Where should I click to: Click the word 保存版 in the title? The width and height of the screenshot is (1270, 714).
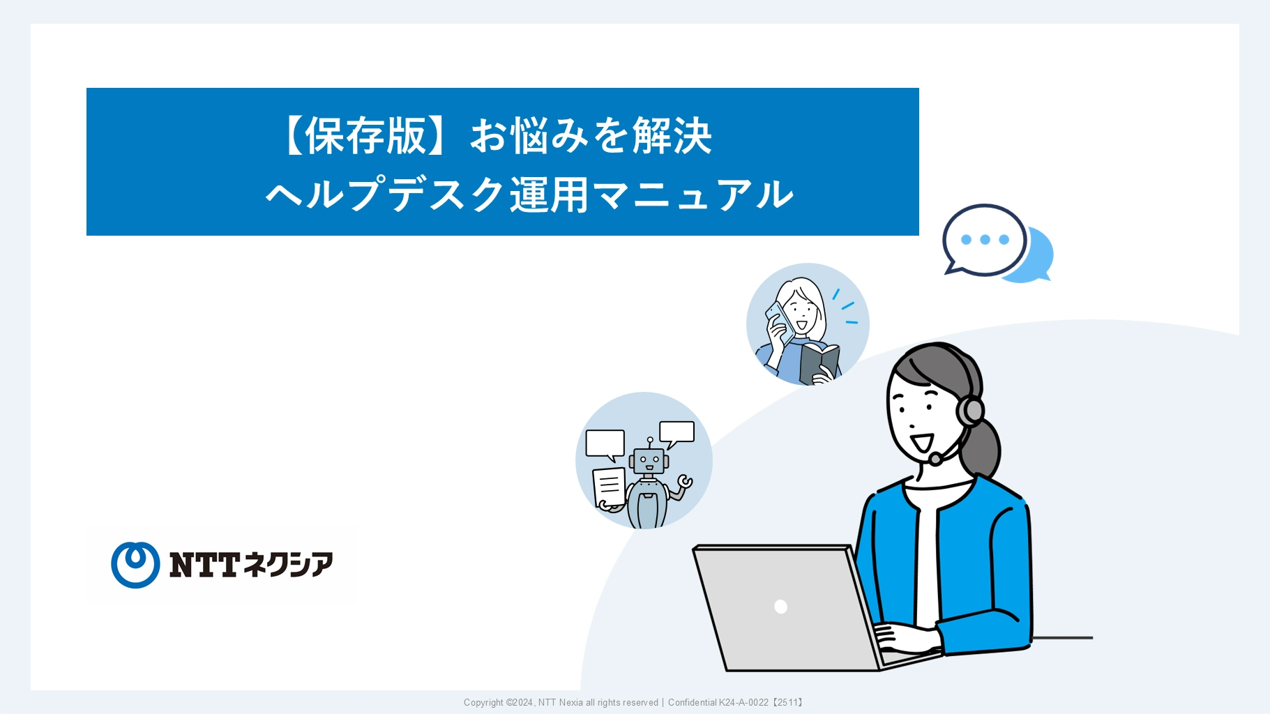pyautogui.click(x=365, y=135)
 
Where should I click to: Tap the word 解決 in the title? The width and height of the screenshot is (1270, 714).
pyautogui.click(x=672, y=135)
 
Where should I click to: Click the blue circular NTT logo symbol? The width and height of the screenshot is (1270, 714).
pyautogui.click(x=135, y=565)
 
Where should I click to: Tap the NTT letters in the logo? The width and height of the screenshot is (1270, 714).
pyautogui.click(x=204, y=565)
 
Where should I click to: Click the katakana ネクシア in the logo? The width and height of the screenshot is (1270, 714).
pyautogui.click(x=288, y=565)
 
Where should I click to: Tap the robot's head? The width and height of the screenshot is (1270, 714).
pyautogui.click(x=649, y=460)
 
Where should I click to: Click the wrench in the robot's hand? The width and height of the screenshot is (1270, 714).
pyautogui.click(x=684, y=482)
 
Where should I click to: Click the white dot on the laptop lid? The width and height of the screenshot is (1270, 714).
pyautogui.click(x=781, y=607)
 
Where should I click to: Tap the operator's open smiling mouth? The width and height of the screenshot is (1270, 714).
pyautogui.click(x=922, y=443)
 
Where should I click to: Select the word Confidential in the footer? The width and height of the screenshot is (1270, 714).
pyautogui.click(x=692, y=703)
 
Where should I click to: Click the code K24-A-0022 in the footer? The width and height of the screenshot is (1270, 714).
pyautogui.click(x=743, y=703)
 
